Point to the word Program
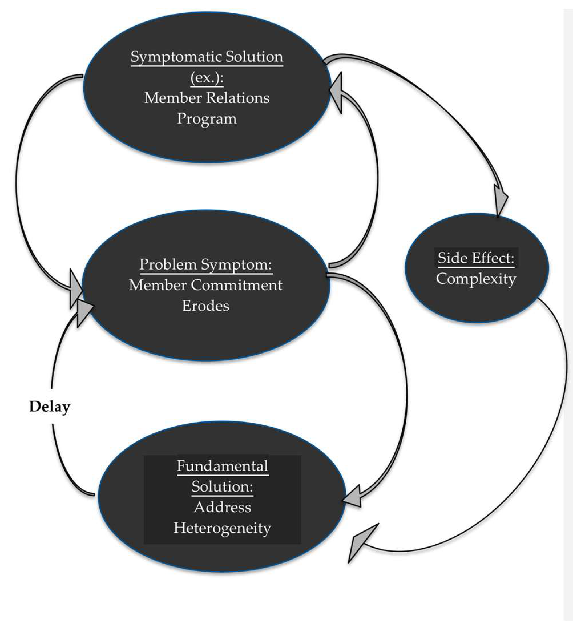tap(207, 119)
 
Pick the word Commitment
tap(237, 285)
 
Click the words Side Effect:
tap(476, 258)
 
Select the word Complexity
tap(476, 279)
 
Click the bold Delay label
tap(50, 407)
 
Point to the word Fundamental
tap(222, 466)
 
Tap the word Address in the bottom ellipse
tap(222, 507)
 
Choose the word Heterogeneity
tap(222, 528)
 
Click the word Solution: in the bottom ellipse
tap(222, 486)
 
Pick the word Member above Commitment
tap(157, 285)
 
